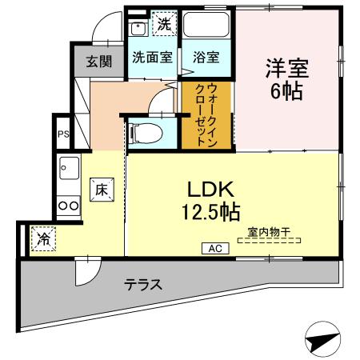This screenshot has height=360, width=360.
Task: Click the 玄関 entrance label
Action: tap(100, 61)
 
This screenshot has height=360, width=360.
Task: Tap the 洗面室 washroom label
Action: tap(152, 58)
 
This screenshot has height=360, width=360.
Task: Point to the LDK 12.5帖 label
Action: tap(210, 201)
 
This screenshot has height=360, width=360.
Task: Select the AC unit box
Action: tap(215, 249)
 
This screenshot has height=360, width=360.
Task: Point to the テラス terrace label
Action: tap(143, 284)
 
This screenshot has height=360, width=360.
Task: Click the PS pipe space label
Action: tap(62, 134)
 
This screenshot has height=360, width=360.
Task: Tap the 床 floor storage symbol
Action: tap(102, 190)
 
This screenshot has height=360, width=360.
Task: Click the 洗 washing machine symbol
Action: tap(163, 23)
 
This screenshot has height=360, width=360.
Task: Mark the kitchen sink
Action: tap(68, 170)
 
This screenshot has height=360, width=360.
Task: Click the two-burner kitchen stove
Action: tap(68, 205)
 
